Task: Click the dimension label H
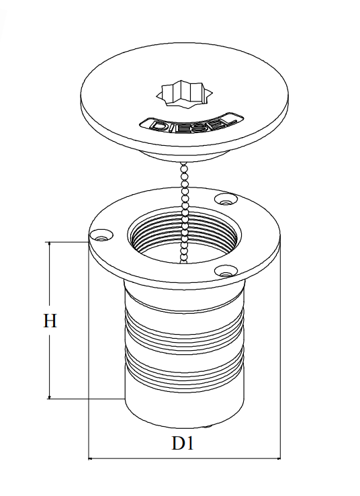50,321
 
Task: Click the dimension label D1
183,443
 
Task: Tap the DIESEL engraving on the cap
192,124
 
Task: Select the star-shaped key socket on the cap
184,93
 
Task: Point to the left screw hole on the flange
101,235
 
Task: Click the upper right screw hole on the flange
226,199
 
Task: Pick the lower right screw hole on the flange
226,271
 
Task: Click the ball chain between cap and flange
183,212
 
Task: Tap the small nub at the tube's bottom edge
207,427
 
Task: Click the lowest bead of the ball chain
183,261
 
